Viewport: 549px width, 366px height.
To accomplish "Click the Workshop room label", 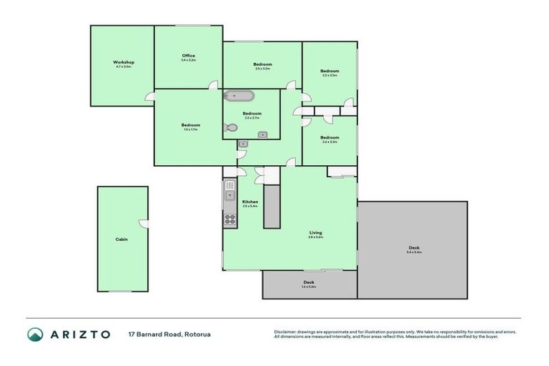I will click(123, 62).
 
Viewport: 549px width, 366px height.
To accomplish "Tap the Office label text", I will click(188, 56).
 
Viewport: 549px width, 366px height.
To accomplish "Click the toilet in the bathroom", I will click(230, 128).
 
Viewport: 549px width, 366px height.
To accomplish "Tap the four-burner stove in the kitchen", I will click(230, 219).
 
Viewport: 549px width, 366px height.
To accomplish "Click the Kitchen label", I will click(250, 202).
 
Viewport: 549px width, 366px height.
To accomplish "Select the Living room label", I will click(315, 232).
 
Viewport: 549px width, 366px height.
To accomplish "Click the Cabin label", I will click(122, 239).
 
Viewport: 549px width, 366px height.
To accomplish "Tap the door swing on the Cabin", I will click(144, 224).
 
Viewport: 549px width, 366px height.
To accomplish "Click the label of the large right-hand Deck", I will click(414, 248).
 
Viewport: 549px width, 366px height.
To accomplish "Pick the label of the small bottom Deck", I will click(309, 282).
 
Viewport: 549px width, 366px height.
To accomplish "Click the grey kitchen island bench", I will click(272, 207).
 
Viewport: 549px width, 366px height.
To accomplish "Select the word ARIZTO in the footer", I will click(79, 334).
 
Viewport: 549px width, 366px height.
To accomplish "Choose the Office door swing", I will click(213, 85).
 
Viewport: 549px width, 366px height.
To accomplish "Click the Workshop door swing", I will click(150, 97).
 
